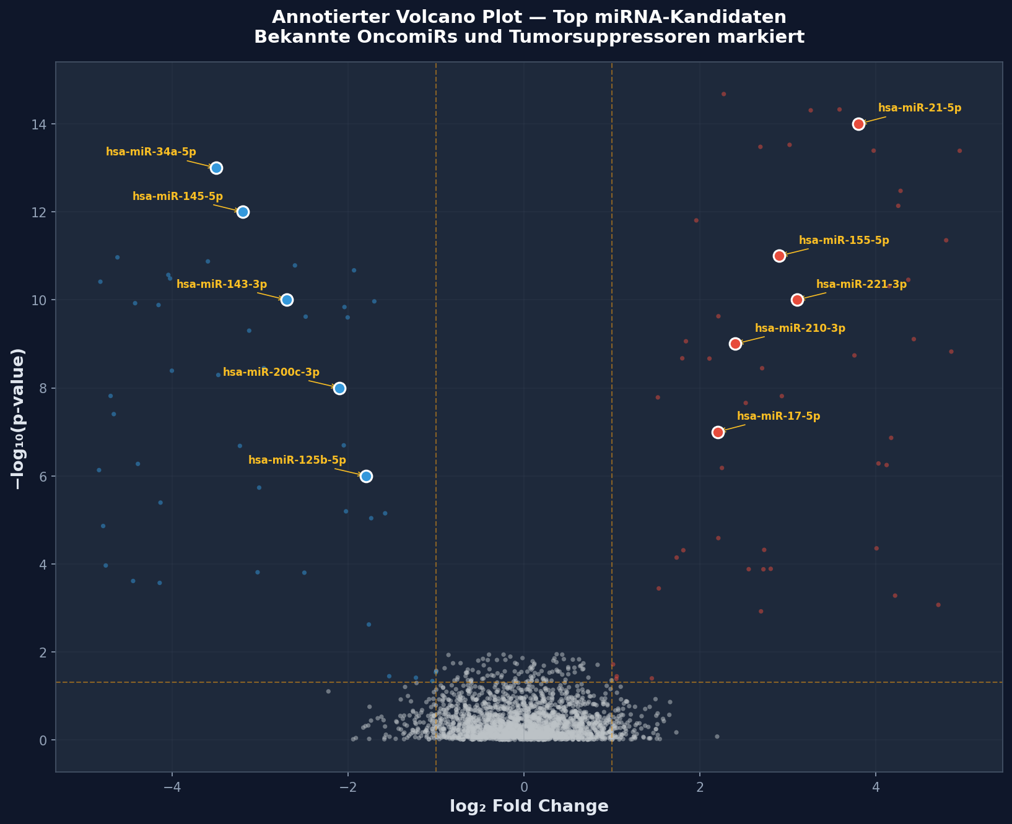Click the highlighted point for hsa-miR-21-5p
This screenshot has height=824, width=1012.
858,124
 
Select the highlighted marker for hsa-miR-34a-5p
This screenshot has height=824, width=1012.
216,168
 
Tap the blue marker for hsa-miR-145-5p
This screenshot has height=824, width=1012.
243,212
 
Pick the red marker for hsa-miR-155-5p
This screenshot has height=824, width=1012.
779,256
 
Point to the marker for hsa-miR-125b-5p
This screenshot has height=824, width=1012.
366,476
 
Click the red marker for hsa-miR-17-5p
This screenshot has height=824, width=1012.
718,432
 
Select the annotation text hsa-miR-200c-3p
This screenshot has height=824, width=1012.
271,372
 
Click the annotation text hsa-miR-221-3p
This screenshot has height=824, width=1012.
861,284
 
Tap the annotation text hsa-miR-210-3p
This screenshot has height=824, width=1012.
800,328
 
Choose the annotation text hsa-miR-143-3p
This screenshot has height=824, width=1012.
222,284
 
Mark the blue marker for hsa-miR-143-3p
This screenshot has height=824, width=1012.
287,300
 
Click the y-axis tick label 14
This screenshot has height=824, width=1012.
40,124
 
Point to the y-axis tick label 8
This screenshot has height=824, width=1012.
44,388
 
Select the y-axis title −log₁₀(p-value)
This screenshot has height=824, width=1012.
19,419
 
